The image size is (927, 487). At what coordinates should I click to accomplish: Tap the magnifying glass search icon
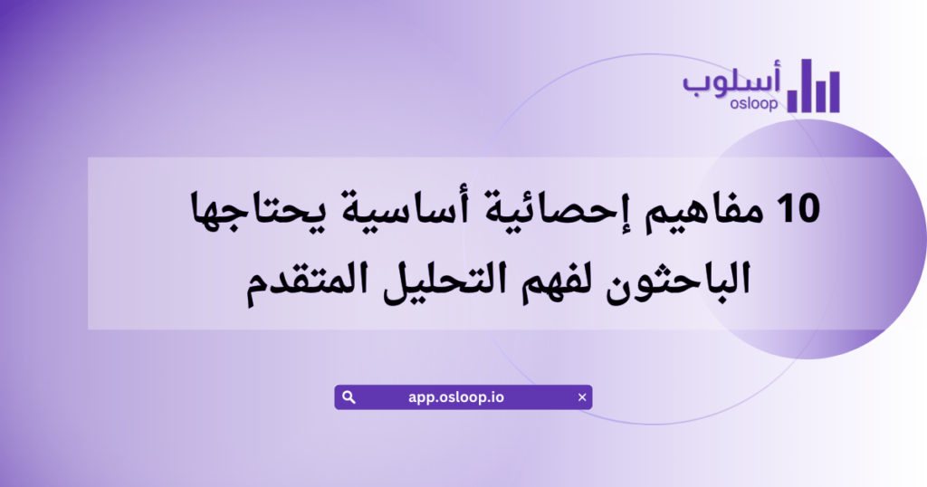[349, 397]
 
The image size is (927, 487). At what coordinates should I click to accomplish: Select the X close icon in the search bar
[581, 397]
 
